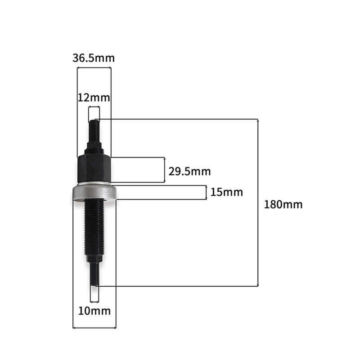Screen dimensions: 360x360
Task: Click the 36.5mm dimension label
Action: coord(94,58)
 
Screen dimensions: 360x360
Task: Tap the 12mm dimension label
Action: coord(94,97)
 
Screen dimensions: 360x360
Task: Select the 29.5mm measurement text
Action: coord(189,171)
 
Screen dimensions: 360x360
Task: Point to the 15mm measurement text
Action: coord(226,193)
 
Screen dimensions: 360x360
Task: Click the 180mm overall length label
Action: coord(283,204)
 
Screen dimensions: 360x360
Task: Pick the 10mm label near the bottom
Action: coord(94,310)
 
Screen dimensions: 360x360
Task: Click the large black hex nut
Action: coord(94,168)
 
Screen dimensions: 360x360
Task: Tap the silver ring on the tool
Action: coord(94,192)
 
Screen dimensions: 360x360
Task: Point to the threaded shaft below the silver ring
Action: coord(94,229)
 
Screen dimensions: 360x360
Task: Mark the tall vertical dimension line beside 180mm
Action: coord(258,202)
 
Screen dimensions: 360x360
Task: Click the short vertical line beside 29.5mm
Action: coord(165,170)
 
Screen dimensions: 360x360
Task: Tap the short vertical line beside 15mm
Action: coord(207,193)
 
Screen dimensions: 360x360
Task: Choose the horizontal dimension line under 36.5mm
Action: coord(94,68)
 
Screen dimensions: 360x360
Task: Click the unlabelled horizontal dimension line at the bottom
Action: coord(94,328)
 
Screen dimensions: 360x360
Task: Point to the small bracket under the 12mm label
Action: coord(94,107)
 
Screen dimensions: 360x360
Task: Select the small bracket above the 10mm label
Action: coord(94,301)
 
